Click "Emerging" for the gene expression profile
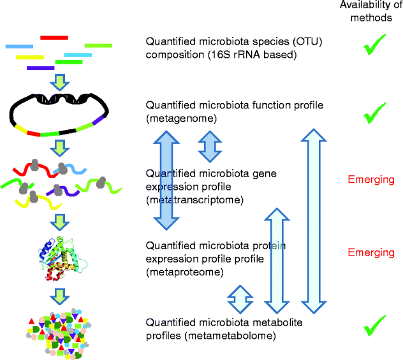(x=371, y=180)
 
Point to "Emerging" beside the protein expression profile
(x=371, y=252)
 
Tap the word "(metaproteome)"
(x=184, y=272)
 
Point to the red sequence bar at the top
(x=54, y=38)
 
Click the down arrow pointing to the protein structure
(x=59, y=222)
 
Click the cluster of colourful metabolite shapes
(x=57, y=331)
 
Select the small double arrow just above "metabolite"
(x=240, y=295)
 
